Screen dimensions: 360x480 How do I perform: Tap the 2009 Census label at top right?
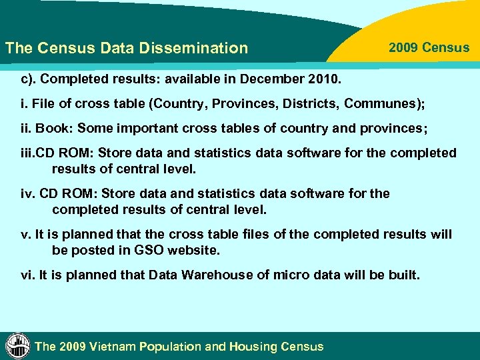[429, 48]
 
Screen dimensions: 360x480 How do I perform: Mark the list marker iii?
[28, 153]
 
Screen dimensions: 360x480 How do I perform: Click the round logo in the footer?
[18, 345]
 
